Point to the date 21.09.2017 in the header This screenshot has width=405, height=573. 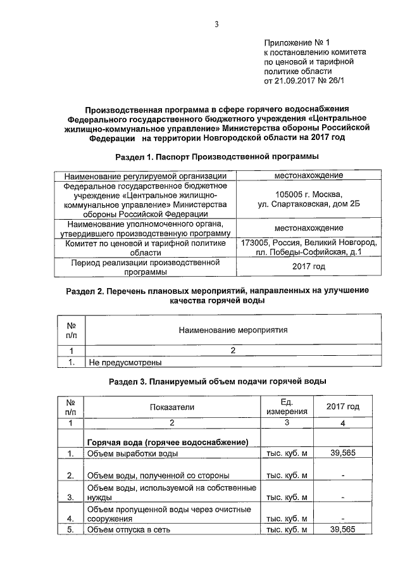tap(296, 82)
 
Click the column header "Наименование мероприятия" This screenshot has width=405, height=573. tap(233, 330)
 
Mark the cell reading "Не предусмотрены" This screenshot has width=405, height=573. tap(125, 363)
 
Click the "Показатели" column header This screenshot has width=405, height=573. tap(171, 406)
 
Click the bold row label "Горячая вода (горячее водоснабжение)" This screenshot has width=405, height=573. tap(166, 441)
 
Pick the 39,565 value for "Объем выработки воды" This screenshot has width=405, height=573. tap(342, 453)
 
